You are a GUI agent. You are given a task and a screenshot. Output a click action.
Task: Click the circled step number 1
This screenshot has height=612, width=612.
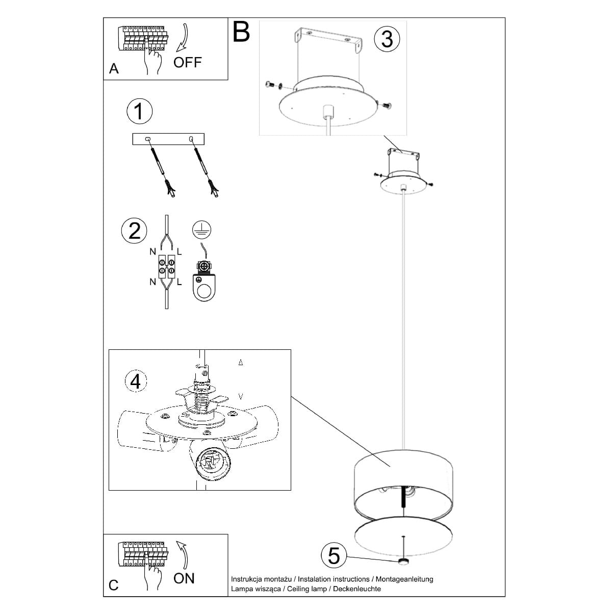[139, 111]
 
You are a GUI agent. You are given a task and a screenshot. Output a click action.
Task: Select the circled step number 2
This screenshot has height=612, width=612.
[134, 231]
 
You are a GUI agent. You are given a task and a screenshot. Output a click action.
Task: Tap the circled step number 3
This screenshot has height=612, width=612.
[387, 39]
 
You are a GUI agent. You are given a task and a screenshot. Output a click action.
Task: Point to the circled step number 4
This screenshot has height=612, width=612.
[136, 381]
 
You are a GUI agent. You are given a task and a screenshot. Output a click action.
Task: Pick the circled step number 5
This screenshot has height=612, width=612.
[334, 555]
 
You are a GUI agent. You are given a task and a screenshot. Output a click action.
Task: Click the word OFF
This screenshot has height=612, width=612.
[187, 62]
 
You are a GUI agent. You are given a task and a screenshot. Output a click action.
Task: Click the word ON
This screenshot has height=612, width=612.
[184, 578]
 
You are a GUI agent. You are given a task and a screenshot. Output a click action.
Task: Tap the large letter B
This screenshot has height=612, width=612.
[241, 32]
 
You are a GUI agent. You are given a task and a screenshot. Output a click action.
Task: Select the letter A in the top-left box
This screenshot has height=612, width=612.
[114, 69]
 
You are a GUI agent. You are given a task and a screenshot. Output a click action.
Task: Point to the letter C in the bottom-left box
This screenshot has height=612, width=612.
[114, 585]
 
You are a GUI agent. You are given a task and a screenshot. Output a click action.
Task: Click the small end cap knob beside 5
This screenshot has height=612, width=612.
[404, 562]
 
